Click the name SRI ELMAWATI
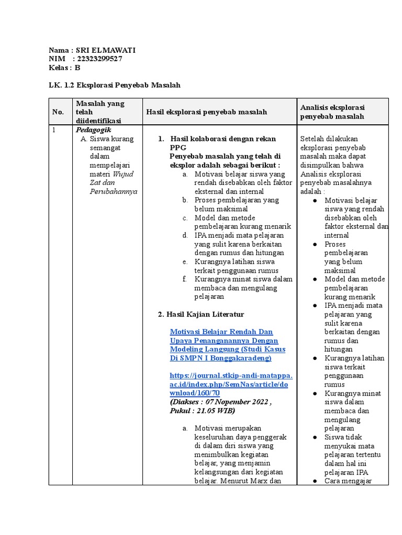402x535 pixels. pos(106,50)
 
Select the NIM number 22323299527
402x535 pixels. pos(99,59)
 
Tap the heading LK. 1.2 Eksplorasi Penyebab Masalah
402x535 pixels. pos(114,85)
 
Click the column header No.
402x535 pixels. pos(58,112)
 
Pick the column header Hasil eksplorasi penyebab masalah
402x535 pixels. pos(206,112)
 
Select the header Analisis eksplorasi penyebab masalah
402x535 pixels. pos(332,112)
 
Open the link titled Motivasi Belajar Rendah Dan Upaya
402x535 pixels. pos(221,332)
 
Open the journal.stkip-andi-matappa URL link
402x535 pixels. pos(231,384)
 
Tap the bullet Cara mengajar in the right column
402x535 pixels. pos(348,481)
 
